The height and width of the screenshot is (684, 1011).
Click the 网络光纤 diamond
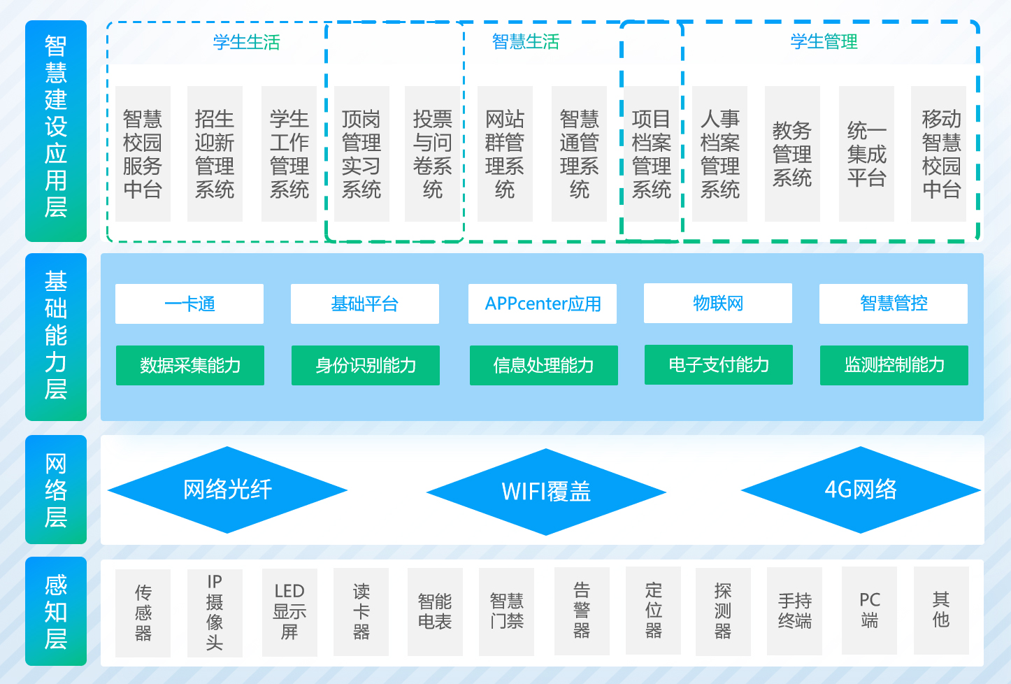click(227, 490)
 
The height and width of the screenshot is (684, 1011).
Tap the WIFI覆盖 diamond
click(546, 492)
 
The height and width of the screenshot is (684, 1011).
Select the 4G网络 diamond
click(861, 490)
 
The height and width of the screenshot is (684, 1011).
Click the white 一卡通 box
click(189, 304)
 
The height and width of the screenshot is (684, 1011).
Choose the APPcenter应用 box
click(543, 304)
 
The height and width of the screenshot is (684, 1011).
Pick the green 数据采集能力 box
click(190, 365)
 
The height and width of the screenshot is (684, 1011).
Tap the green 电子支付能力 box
click(719, 364)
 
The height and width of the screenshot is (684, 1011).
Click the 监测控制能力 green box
click(894, 365)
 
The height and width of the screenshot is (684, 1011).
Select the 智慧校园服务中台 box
click(143, 154)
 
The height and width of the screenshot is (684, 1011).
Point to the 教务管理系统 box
click(792, 154)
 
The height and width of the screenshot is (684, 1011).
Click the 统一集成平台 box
click(866, 154)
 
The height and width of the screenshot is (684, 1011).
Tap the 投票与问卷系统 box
click(432, 154)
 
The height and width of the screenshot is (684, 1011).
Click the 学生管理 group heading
click(824, 42)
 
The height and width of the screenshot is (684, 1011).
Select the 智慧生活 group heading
click(526, 42)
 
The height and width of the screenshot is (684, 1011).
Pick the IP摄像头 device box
click(215, 613)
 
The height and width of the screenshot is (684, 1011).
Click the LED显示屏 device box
click(289, 612)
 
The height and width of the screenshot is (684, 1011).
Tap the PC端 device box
click(870, 611)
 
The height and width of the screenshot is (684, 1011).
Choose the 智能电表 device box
click(435, 612)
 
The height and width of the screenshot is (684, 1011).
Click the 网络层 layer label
click(56, 490)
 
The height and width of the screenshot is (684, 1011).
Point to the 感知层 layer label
click(56, 611)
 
